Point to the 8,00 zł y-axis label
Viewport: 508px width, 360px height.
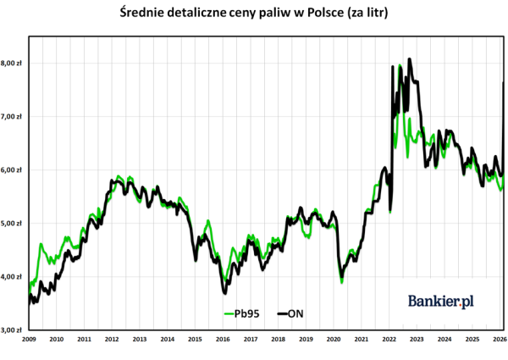pos(13,63)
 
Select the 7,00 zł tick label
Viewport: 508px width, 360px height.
pos(13,116)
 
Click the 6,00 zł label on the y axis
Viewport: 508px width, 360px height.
pos(13,169)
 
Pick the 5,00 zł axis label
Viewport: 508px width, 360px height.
pos(13,223)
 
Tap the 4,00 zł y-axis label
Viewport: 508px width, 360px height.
pos(13,276)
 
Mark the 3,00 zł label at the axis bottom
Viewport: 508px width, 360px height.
pos(13,330)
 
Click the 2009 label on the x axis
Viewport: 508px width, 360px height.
pos(29,339)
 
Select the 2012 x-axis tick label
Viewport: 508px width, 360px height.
pos(112,339)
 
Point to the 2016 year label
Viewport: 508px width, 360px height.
pos(223,339)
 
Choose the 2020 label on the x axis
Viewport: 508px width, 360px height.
pos(334,339)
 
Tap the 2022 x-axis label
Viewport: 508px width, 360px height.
pos(389,339)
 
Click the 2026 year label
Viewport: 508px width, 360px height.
pos(500,339)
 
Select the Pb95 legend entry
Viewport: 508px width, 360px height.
pos(242,313)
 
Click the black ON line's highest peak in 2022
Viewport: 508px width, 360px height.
pos(410,59)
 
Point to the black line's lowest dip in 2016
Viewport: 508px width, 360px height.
pos(224,293)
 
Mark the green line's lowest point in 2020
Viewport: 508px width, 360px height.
pos(342,281)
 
